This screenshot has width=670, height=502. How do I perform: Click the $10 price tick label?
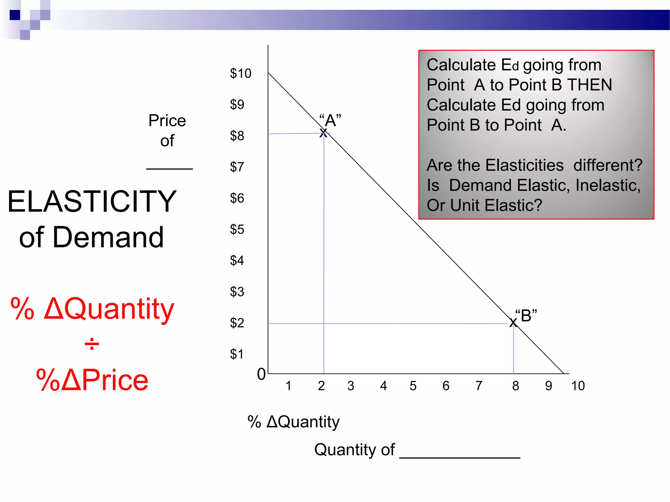coord(240,74)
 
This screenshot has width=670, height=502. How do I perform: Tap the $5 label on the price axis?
coord(237,229)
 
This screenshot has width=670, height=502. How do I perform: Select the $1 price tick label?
coord(237,354)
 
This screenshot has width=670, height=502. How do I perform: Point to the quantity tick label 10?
coord(578,386)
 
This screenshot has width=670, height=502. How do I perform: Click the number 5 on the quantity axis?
coord(413,386)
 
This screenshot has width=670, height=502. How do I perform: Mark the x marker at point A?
coord(323,133)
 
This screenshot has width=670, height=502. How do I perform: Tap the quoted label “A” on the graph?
coord(330,120)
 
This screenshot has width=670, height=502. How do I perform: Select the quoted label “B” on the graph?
coord(526,316)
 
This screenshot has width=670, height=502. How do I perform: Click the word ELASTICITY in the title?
coord(92,202)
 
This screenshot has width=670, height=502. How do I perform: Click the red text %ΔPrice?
coord(92,380)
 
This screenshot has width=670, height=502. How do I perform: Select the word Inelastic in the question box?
coord(607,185)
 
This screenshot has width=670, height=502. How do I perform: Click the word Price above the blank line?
coord(167,121)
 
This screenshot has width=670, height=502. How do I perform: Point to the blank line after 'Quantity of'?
coord(460,457)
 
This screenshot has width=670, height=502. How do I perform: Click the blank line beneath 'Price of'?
coord(169,169)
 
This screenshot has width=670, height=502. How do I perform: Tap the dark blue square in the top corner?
coord(15,15)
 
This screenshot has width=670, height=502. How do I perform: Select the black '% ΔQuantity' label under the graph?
coord(293,422)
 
